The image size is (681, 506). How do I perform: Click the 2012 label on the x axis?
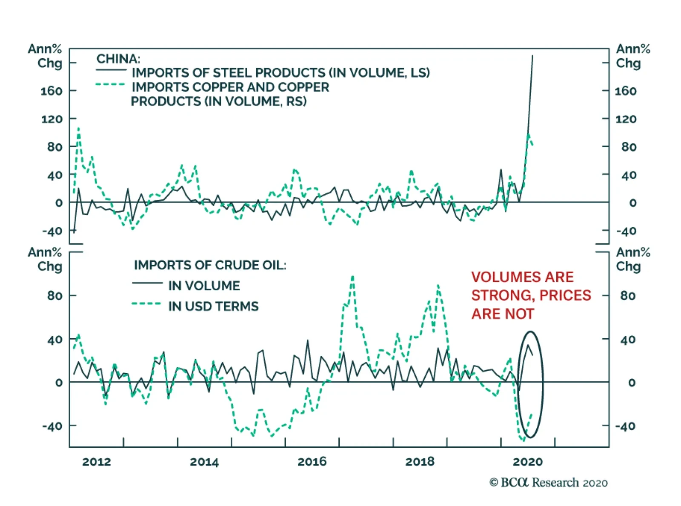coord(97,462)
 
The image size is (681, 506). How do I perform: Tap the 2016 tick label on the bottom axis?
coord(312,462)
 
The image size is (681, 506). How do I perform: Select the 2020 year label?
coord(528,462)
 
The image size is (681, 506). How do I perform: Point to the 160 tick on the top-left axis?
coord(51,91)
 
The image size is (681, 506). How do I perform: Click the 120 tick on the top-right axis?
coord(626,119)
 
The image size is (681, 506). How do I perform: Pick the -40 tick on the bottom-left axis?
coord(52,426)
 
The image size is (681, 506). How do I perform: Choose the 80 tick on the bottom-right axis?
coord(628,296)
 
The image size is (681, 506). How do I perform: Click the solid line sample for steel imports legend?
coord(111,70)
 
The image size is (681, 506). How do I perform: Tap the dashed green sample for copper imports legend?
coord(110,84)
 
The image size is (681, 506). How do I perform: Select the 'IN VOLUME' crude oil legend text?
coord(204,286)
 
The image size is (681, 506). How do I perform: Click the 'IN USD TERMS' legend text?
coord(213,306)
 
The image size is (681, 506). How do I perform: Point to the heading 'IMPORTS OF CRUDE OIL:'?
coord(210,265)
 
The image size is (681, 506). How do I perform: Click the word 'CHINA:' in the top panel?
coord(118,59)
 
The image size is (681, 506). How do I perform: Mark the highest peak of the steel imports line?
coord(532,56)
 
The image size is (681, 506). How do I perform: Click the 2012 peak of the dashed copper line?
coord(78,128)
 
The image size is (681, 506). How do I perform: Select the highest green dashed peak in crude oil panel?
coord(352,277)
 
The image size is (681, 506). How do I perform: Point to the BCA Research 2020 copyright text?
coord(548,483)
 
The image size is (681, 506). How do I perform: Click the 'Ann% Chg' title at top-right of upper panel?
coord(633,56)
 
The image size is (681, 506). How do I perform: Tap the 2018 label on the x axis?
coord(420,462)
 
